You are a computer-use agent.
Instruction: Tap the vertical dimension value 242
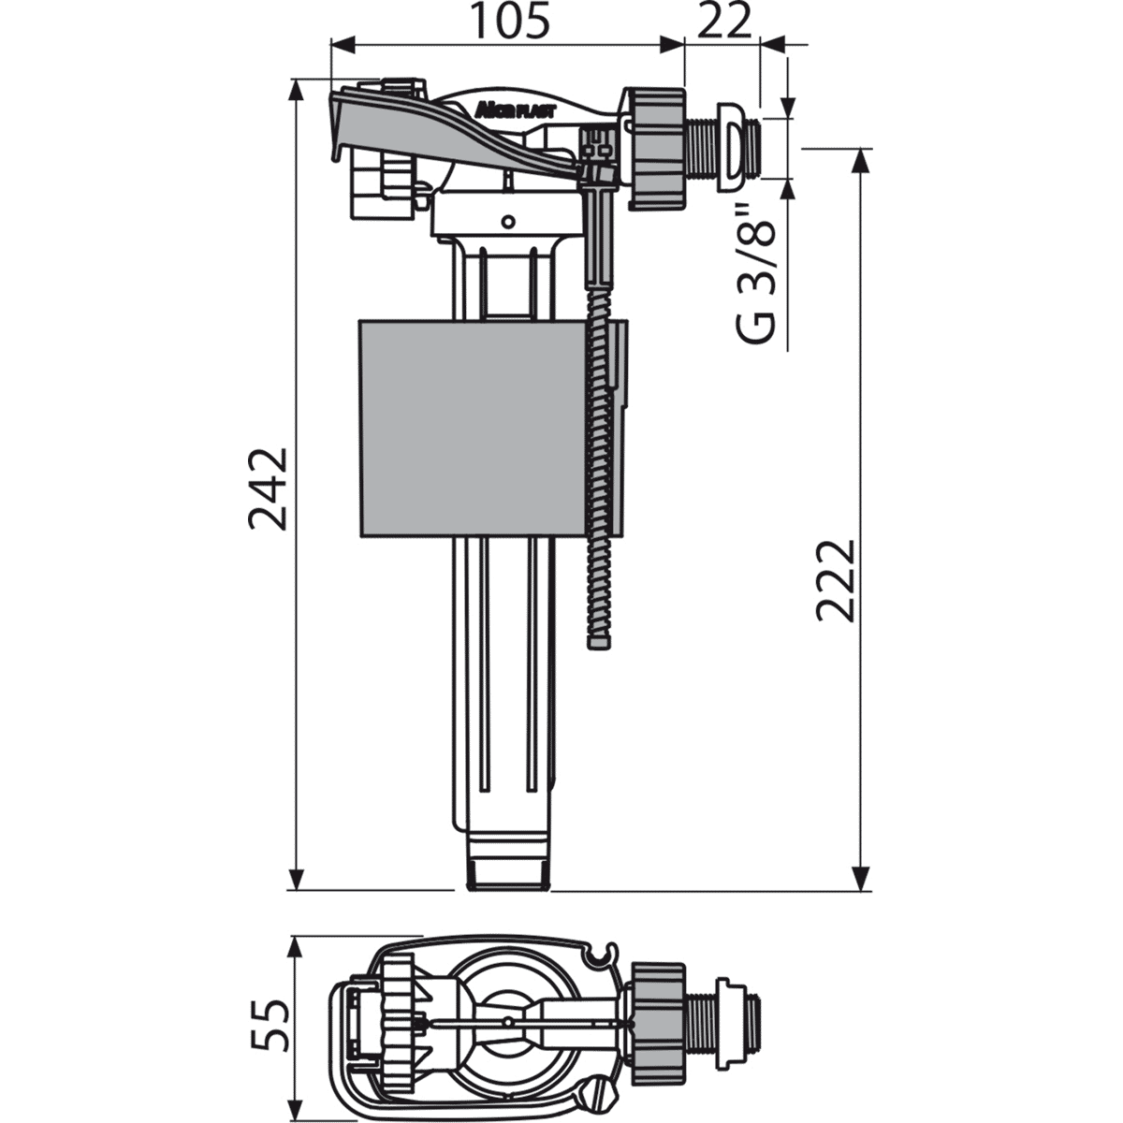pos(269,489)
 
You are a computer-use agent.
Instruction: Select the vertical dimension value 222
pos(837,581)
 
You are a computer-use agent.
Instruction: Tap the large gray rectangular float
pos(474,428)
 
